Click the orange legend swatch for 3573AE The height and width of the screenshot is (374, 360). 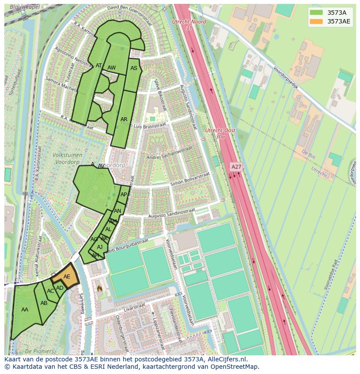[316, 22]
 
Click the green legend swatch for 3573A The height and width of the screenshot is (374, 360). [316, 13]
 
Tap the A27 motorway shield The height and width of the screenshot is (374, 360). [236, 167]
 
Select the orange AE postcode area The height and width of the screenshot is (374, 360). [66, 276]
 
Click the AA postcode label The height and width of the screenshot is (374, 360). [25, 310]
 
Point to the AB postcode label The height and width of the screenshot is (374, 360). [44, 303]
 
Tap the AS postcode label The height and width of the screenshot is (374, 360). [134, 68]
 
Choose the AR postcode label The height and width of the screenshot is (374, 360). [124, 119]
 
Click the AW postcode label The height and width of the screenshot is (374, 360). [111, 68]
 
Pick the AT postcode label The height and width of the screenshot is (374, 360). [99, 66]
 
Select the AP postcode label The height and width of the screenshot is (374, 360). [124, 195]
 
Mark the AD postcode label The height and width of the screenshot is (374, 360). [60, 288]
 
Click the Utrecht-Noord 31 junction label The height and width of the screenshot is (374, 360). [189, 25]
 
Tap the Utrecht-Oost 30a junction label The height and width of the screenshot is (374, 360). [220, 133]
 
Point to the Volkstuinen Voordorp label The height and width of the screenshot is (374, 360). [64, 159]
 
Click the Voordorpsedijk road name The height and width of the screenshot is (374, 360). [286, 77]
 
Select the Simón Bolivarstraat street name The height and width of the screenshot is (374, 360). [190, 179]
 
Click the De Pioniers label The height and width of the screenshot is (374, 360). [39, 351]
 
